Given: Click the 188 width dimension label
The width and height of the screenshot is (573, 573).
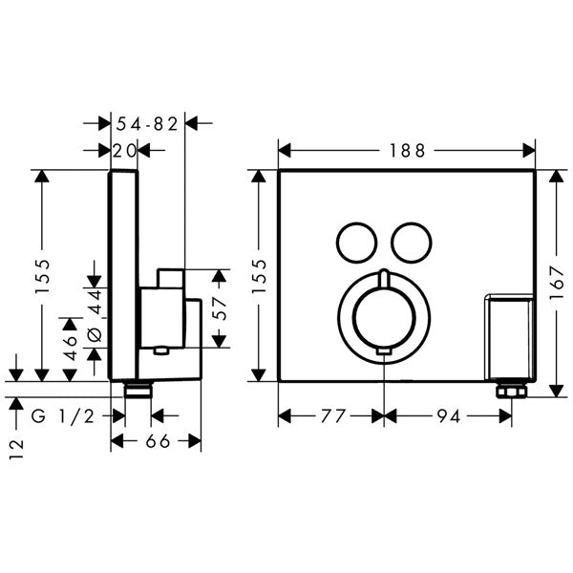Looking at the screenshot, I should click(x=407, y=150).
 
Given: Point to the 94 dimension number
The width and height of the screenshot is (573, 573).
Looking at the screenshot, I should click(x=447, y=415).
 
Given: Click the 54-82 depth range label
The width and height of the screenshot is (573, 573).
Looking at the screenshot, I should click(x=147, y=122).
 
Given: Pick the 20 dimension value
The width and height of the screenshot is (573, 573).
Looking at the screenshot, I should click(x=124, y=150).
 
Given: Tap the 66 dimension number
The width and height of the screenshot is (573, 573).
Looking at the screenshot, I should click(x=157, y=440).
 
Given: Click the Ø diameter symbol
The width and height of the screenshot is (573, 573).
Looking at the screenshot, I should click(x=94, y=333).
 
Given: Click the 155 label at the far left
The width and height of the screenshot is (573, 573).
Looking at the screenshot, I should click(x=42, y=277).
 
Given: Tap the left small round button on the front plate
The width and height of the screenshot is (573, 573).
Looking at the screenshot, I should click(x=355, y=240).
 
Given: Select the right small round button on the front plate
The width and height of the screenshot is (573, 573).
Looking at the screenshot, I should click(x=411, y=240).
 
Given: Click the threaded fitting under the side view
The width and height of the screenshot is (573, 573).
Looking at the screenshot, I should click(x=138, y=389).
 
